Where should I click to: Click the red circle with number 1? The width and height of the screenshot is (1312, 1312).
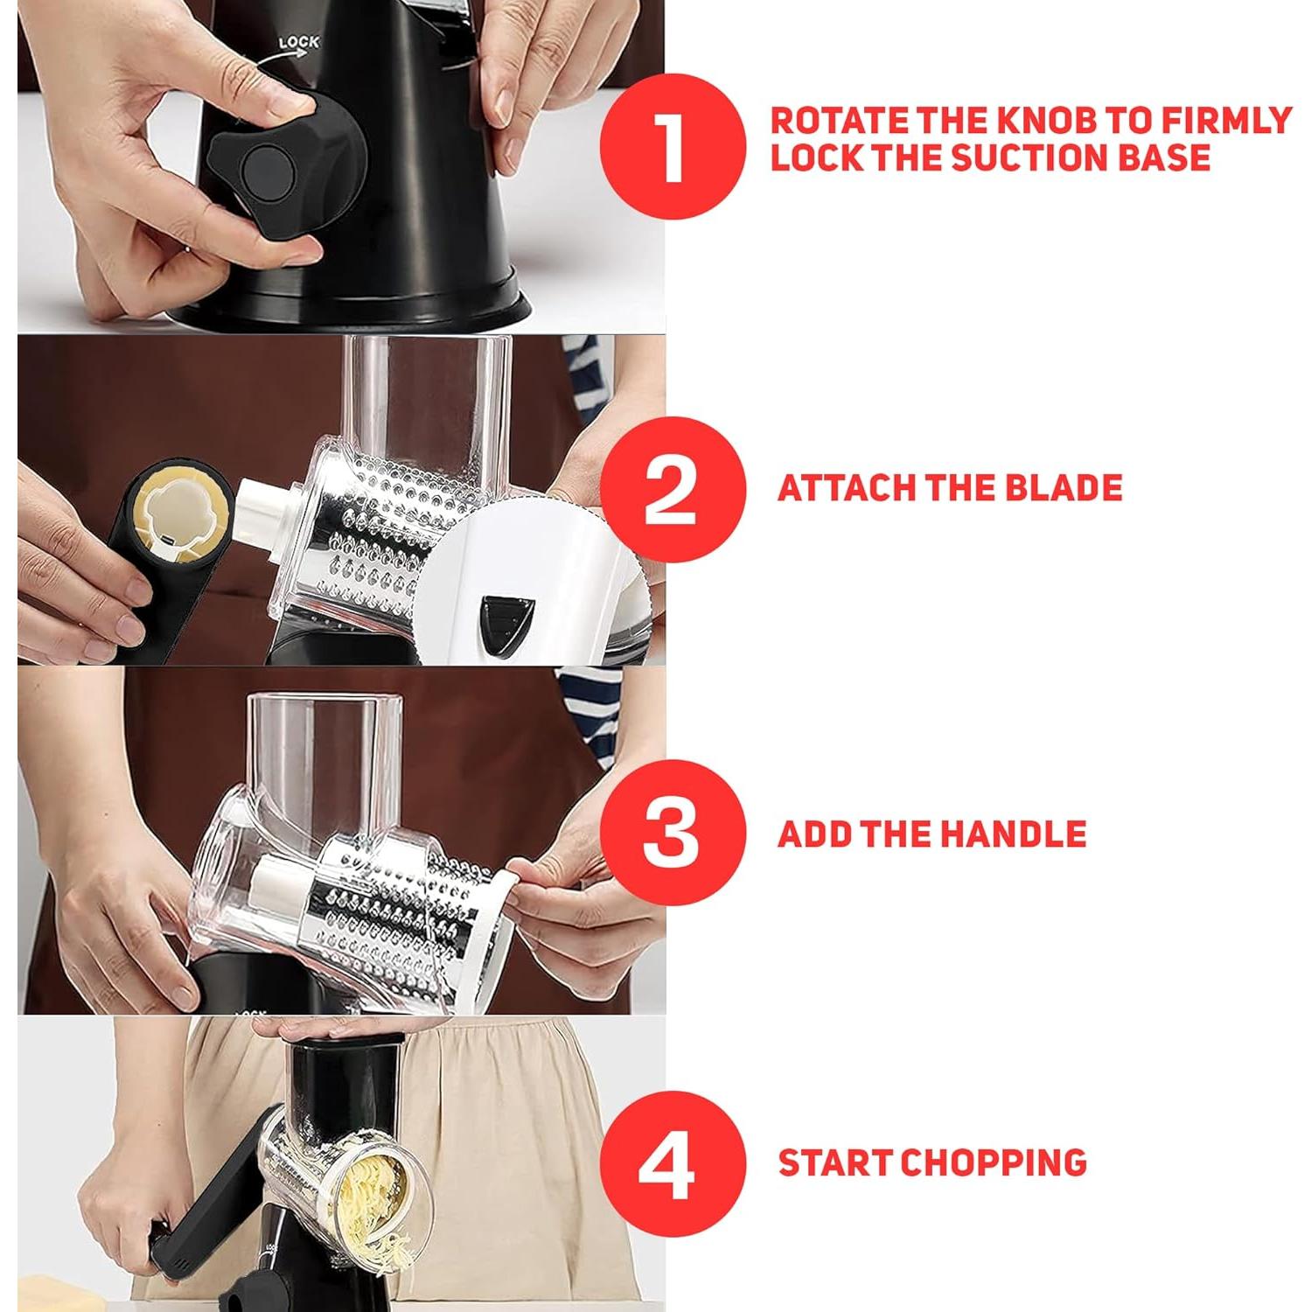coord(672,146)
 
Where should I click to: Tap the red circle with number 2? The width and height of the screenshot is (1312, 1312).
coord(672,490)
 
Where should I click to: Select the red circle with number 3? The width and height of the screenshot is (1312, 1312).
coord(672,833)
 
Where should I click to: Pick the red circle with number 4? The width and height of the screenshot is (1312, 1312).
coord(672,1163)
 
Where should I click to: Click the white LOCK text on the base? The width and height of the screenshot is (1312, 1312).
coord(298,42)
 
